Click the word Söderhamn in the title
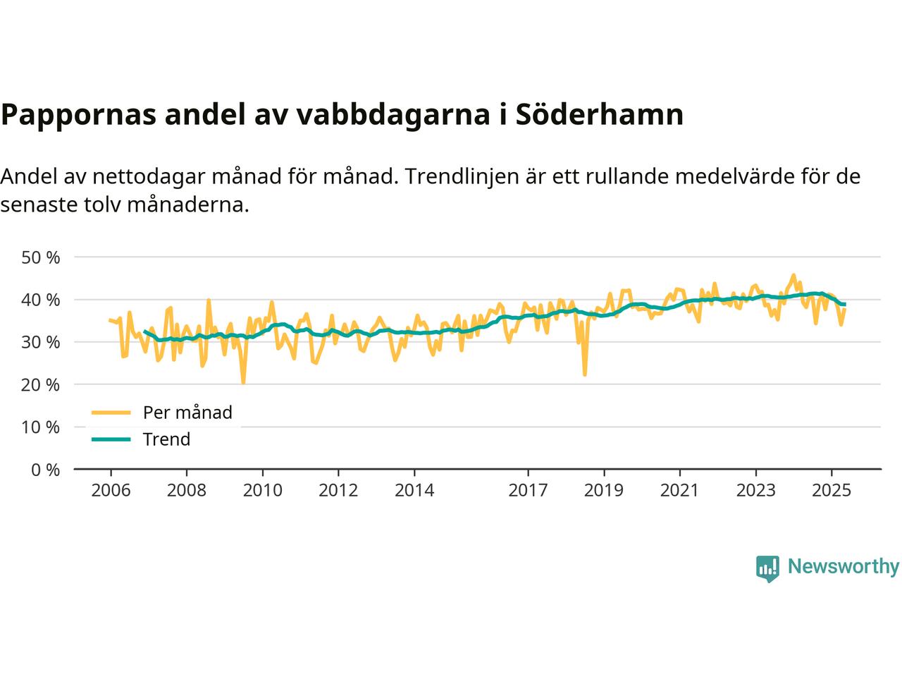point(600,115)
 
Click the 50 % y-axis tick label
point(41,257)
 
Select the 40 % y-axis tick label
point(41,300)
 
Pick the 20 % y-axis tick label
point(41,384)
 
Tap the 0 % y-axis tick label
point(44,469)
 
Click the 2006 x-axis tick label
point(111,489)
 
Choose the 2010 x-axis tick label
point(262,489)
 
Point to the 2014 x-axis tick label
point(414,489)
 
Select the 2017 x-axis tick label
point(528,489)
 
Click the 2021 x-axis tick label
point(679,489)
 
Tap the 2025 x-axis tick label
point(832,489)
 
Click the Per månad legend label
point(187,413)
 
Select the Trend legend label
point(166,439)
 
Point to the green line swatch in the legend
point(111,439)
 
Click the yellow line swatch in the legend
point(111,413)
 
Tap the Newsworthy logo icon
point(767,568)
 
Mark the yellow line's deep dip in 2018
point(585,374)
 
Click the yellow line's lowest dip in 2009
point(243,383)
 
